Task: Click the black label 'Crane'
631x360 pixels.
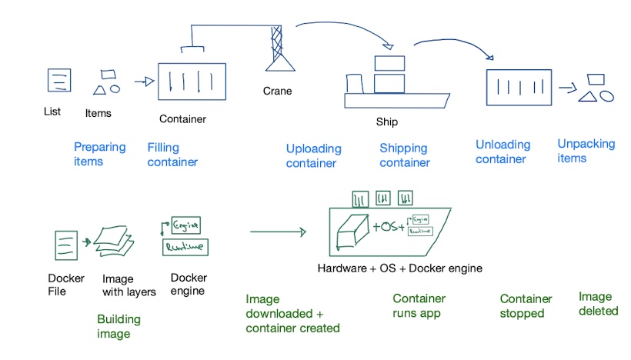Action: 278,91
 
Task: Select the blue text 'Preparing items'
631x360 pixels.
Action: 99,153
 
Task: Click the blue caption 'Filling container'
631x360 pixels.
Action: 172,154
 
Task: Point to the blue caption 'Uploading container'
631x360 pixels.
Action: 313,155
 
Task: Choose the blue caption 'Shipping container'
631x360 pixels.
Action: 405,155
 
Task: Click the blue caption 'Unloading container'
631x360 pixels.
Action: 502,152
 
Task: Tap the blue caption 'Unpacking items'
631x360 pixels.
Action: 586,151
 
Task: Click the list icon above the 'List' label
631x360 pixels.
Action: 59,81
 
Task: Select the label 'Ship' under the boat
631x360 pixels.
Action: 387,122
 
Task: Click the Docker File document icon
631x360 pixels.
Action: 65,245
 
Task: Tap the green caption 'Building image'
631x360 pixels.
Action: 119,327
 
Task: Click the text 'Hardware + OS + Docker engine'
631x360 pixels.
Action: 399,268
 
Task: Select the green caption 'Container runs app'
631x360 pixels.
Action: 419,306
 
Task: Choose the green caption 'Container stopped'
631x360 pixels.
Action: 526,306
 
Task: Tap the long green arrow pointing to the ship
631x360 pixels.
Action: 278,231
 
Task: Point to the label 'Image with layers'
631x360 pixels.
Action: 129,285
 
